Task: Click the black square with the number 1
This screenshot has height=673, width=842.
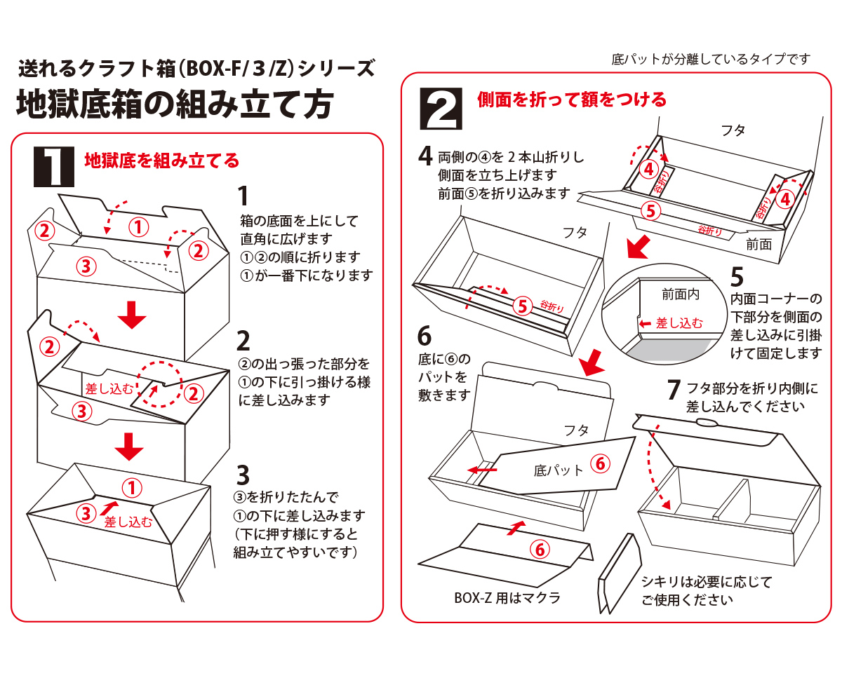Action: [54, 165]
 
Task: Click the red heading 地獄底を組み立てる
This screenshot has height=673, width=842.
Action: [162, 161]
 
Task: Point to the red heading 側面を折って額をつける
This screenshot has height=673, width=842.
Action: [572, 100]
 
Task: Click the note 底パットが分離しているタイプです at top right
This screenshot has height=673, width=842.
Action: [711, 60]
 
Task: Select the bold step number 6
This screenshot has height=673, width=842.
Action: [425, 336]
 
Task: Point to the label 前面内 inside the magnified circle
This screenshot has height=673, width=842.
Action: [681, 294]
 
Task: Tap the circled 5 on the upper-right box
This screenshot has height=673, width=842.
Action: [651, 209]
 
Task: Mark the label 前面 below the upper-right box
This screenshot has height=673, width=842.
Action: [759, 245]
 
